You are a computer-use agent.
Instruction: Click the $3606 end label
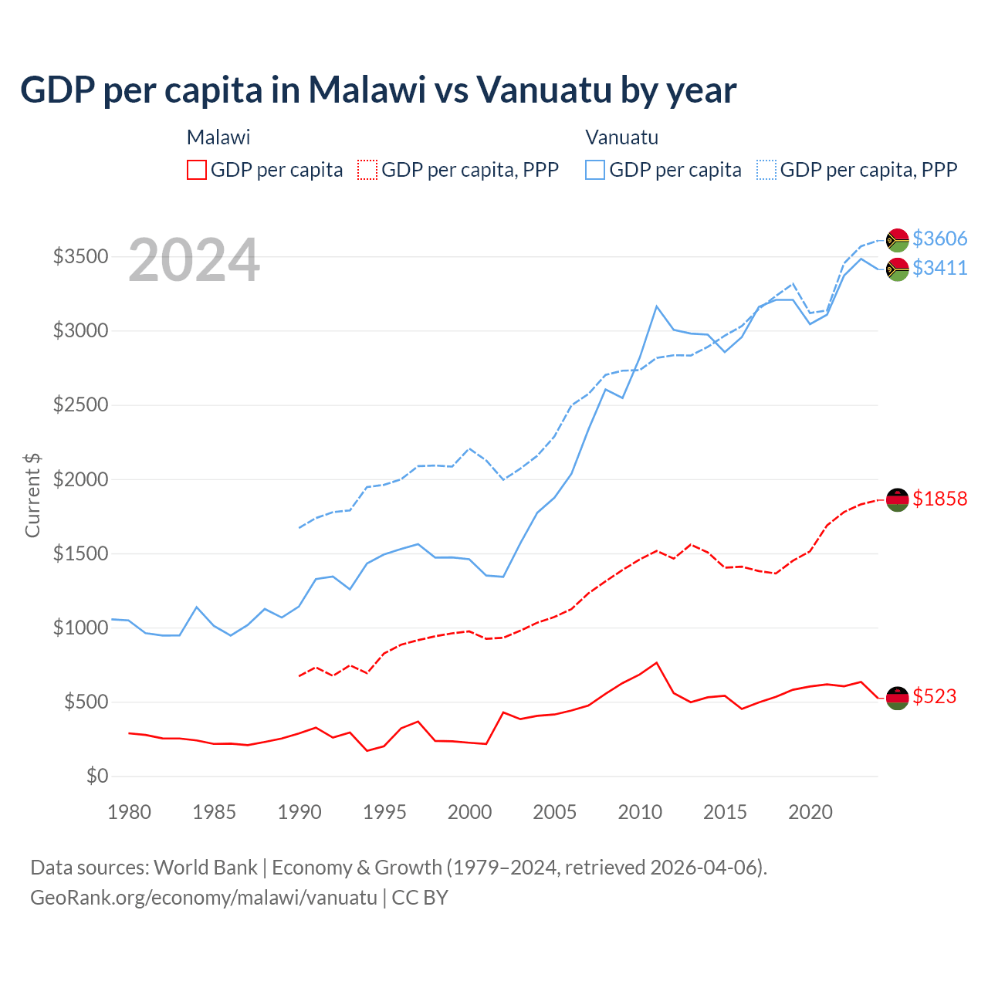click(939, 239)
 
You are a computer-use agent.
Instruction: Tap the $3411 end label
click(939, 268)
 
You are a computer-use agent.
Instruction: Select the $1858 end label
click(939, 499)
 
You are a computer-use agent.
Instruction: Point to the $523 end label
click(934, 696)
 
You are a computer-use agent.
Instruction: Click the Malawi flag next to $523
click(897, 698)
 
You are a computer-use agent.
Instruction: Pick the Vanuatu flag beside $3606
click(897, 240)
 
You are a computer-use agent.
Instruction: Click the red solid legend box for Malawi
click(197, 170)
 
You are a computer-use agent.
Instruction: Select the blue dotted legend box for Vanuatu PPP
click(766, 170)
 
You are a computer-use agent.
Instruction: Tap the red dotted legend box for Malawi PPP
click(367, 170)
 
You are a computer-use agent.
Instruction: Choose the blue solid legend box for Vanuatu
click(595, 170)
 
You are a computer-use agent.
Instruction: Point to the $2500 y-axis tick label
click(80, 405)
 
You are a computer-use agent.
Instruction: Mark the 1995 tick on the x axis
click(384, 812)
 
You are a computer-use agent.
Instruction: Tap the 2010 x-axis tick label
click(640, 812)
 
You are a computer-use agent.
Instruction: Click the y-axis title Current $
click(32, 496)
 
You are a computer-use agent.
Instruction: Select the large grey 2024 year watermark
click(194, 261)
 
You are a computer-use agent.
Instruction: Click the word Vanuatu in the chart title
click(543, 90)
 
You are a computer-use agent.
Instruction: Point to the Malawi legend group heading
click(218, 137)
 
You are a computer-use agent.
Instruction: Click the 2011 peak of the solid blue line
click(657, 306)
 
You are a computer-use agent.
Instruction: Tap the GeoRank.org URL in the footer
click(204, 898)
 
